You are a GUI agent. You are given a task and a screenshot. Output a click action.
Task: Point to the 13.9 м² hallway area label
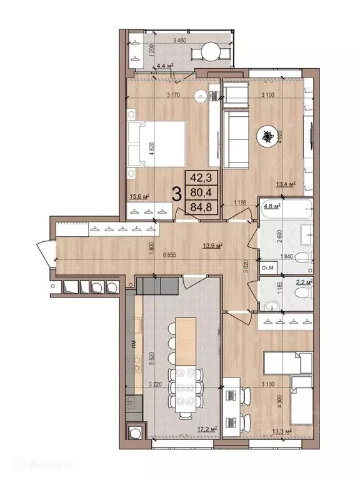pyautogui.click(x=212, y=245)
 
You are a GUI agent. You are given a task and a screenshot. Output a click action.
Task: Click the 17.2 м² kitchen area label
pyautogui.click(x=206, y=429)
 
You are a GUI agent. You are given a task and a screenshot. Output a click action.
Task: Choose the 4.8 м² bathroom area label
pyautogui.click(x=271, y=206)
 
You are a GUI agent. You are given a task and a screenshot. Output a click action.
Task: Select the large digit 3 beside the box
pyautogui.click(x=177, y=193)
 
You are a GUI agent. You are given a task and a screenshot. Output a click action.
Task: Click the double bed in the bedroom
pyautogui.click(x=156, y=143)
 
